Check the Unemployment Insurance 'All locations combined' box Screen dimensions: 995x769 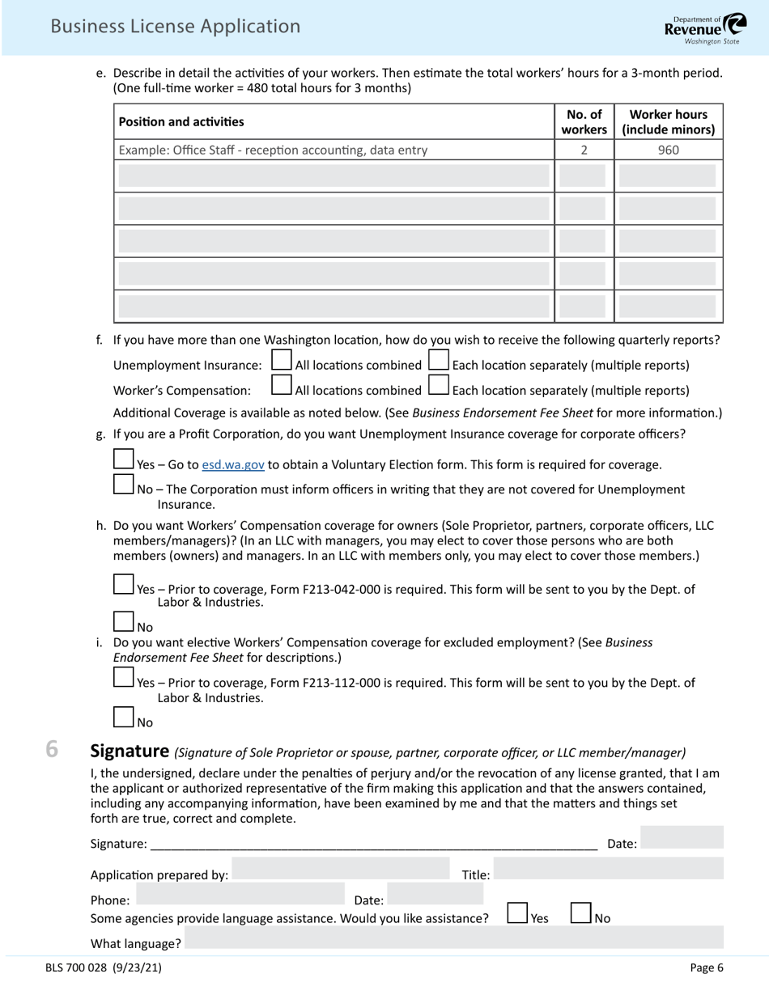[x=282, y=360]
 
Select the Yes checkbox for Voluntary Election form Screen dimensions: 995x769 [x=124, y=459]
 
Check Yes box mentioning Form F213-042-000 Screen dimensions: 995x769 [x=124, y=584]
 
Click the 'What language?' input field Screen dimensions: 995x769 [x=453, y=938]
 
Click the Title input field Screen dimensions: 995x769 [x=609, y=870]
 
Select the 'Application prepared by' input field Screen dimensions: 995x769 [x=340, y=870]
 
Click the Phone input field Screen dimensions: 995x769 [x=241, y=894]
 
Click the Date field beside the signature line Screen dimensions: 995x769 [x=682, y=839]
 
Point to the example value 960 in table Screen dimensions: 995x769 [x=668, y=150]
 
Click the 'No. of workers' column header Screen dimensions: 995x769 [x=584, y=122]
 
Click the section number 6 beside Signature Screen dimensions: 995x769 [x=52, y=750]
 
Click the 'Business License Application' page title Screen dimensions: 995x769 [x=175, y=27]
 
